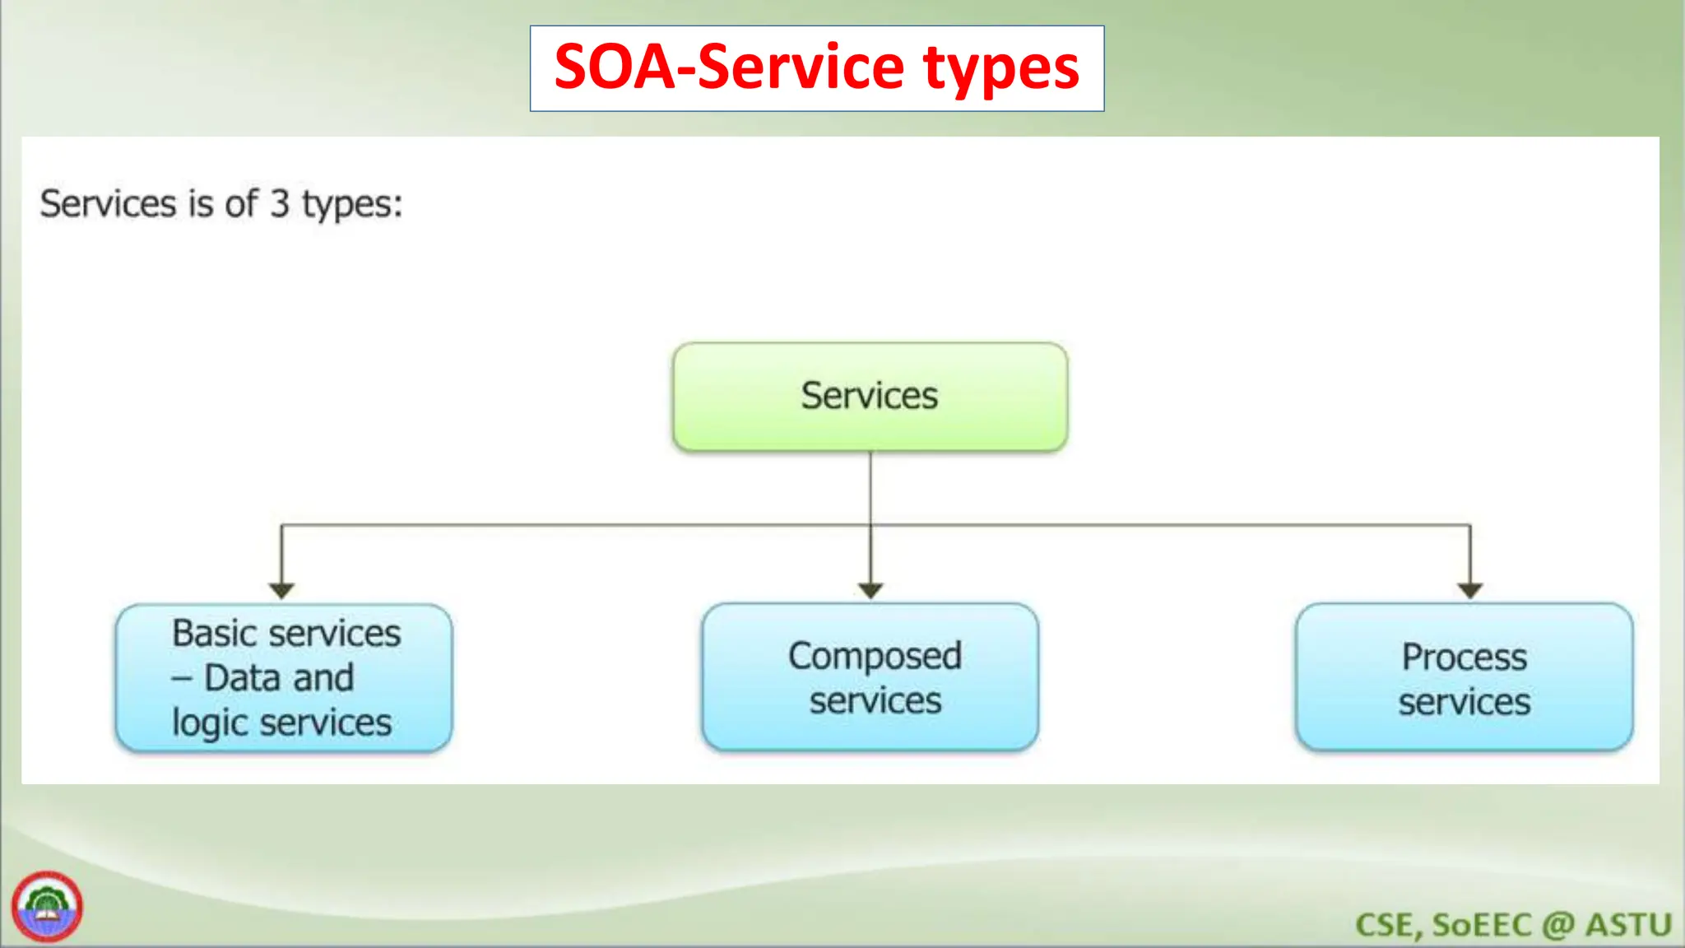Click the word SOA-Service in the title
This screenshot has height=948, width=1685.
[x=728, y=67]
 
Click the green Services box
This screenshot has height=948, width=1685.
[x=870, y=397]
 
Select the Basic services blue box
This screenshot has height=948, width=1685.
[x=284, y=678]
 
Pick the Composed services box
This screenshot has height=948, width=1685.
[x=870, y=678]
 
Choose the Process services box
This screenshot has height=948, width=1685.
[x=1464, y=678]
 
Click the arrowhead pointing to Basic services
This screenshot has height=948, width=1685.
[x=281, y=590]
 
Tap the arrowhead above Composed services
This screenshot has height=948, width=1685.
[x=870, y=590]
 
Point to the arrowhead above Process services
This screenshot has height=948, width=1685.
[x=1469, y=590]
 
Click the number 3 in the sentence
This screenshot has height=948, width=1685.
[x=280, y=203]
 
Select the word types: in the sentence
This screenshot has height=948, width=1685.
[x=352, y=205]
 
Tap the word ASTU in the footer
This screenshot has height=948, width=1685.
[x=1628, y=925]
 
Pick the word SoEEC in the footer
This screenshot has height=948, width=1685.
[x=1482, y=925]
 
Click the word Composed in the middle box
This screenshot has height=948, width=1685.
[x=875, y=657]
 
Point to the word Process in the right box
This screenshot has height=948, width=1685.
[x=1464, y=657]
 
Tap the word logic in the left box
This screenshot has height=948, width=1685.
[x=210, y=724]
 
